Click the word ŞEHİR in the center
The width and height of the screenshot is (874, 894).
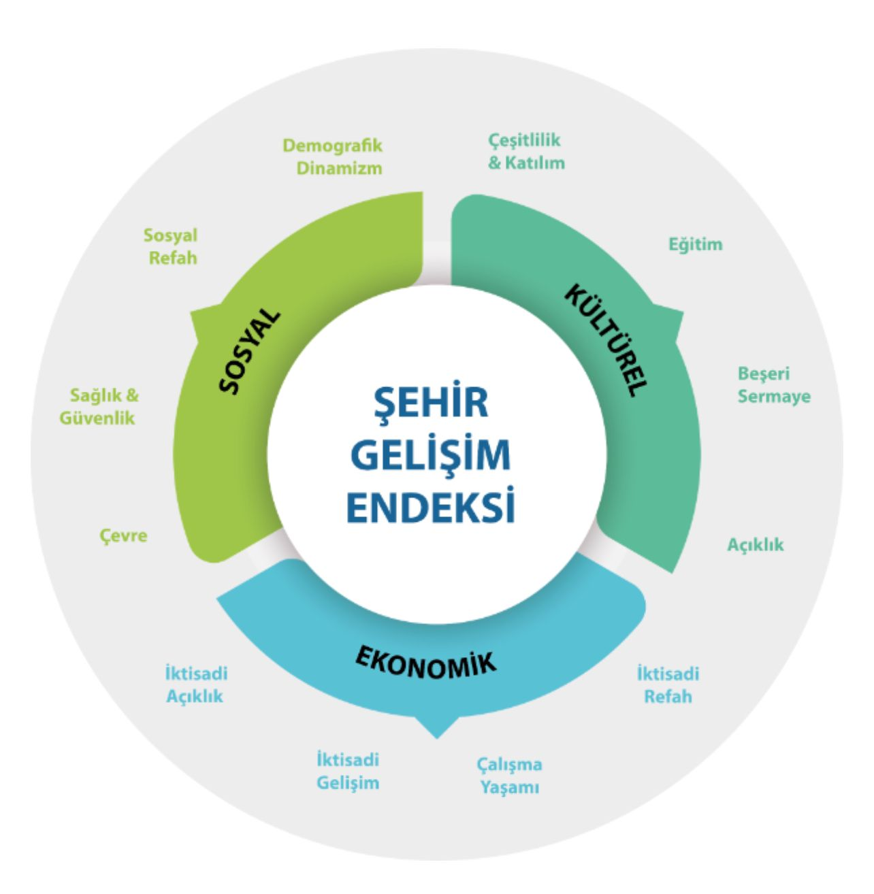point(432,401)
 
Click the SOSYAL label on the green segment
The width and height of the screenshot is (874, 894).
point(250,352)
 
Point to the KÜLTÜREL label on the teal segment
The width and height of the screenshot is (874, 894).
point(605,340)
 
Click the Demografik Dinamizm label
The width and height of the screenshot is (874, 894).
point(333,156)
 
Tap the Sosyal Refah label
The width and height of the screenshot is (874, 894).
point(171,246)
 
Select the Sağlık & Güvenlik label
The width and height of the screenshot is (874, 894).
point(99,406)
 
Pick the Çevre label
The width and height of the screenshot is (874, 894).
point(123,535)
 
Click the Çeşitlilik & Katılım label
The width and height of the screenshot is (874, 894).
point(526,151)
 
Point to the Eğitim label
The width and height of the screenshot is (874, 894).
point(695,244)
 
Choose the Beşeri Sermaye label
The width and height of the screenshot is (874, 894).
point(774,384)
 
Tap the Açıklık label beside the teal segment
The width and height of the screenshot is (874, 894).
point(756,544)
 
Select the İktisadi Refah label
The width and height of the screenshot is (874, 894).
point(668,685)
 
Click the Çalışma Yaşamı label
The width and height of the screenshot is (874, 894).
point(509,776)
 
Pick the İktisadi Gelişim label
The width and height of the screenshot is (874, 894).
point(348,771)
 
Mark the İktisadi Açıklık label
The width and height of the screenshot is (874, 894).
point(196,685)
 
